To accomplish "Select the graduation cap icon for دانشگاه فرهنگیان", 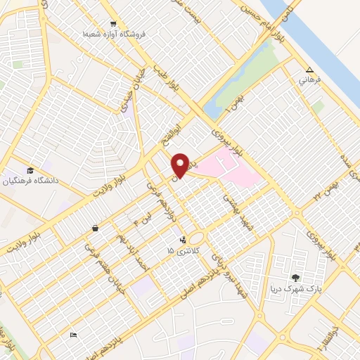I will [x=30, y=171].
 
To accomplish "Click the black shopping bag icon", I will [x=95, y=229].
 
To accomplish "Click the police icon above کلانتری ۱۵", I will [x=183, y=239].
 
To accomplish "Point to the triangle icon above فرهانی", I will [x=309, y=70].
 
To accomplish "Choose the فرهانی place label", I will [x=309, y=80].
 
